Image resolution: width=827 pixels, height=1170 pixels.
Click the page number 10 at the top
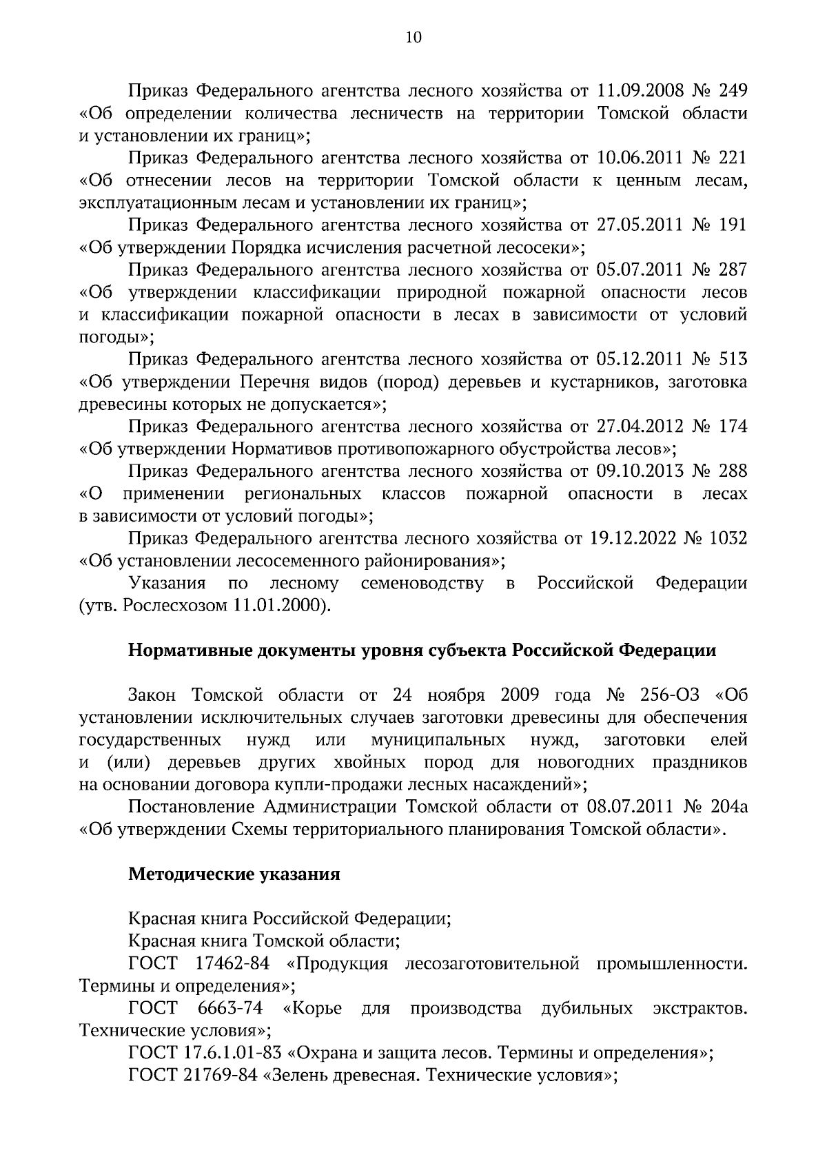(x=413, y=39)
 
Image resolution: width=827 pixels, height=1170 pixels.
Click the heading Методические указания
(x=234, y=874)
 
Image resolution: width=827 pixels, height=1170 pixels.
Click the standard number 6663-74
(x=230, y=1009)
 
